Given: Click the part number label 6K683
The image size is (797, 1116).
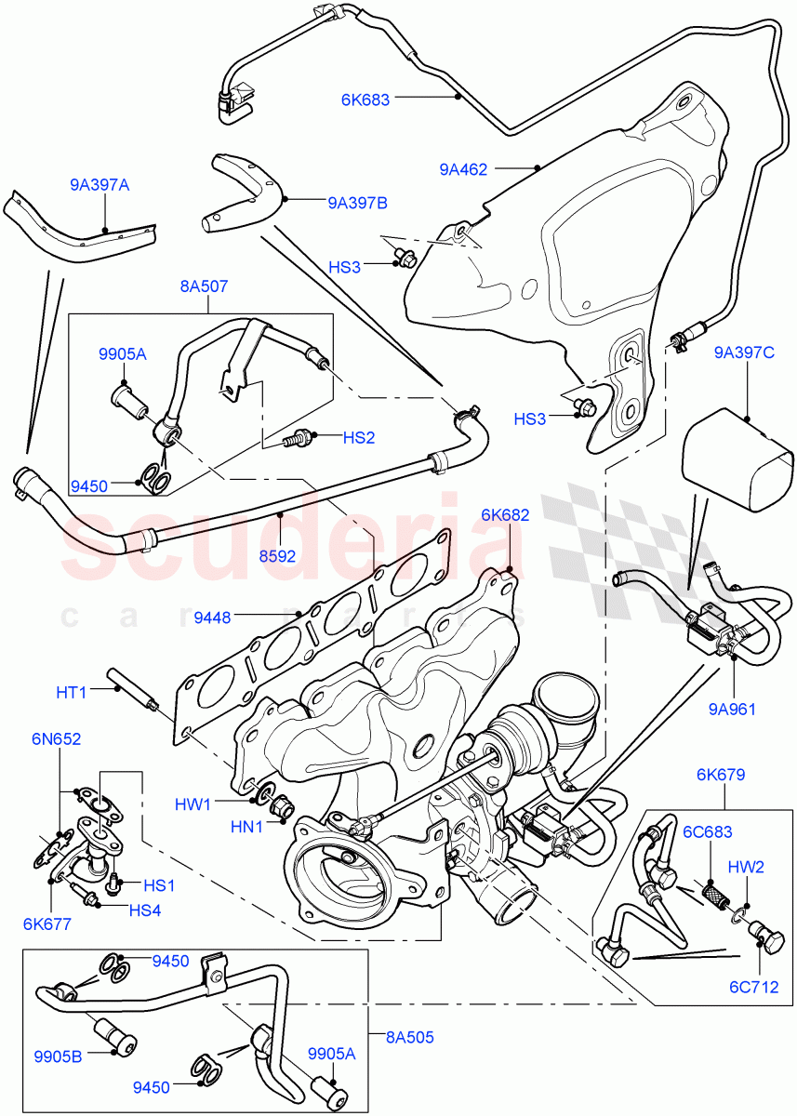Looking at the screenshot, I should pos(365,96).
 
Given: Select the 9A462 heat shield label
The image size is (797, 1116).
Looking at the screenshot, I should pos(464,169).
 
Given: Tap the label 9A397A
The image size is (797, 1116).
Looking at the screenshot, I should pos(100,185).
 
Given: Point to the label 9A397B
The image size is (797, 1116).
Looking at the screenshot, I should pos(357,201).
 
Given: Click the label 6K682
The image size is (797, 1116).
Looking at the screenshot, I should pos(505,514).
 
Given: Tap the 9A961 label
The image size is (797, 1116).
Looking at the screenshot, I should pos(733,709).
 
